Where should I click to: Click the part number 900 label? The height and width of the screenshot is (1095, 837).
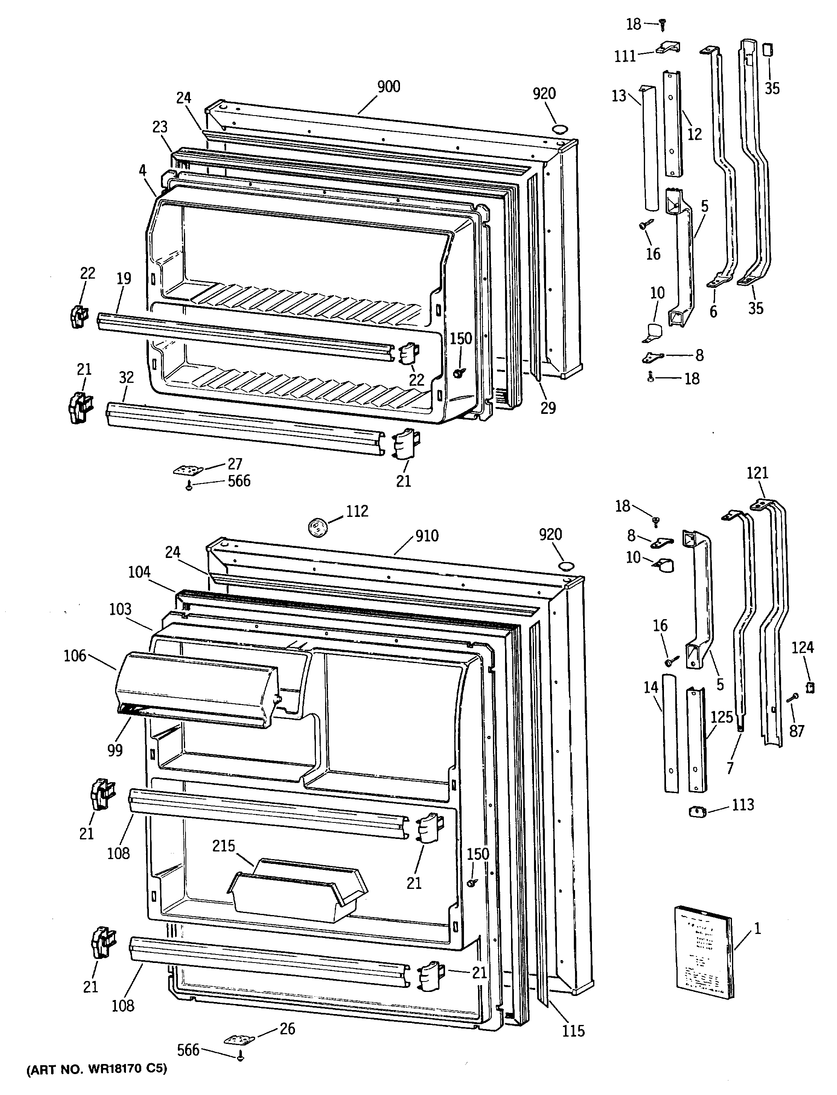tap(389, 87)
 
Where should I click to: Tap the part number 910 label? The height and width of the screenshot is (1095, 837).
tap(427, 536)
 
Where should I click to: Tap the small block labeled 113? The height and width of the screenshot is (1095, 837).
tap(697, 812)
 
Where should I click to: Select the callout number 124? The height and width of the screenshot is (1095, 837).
tap(803, 648)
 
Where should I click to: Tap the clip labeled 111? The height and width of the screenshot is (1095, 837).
tap(668, 48)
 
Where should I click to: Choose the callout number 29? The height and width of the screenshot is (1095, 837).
tap(548, 408)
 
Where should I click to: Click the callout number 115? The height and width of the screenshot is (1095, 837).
tap(573, 1031)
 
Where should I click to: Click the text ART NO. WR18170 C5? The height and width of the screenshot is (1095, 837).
tap(96, 1068)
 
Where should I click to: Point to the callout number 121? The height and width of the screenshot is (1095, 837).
tap(757, 473)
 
